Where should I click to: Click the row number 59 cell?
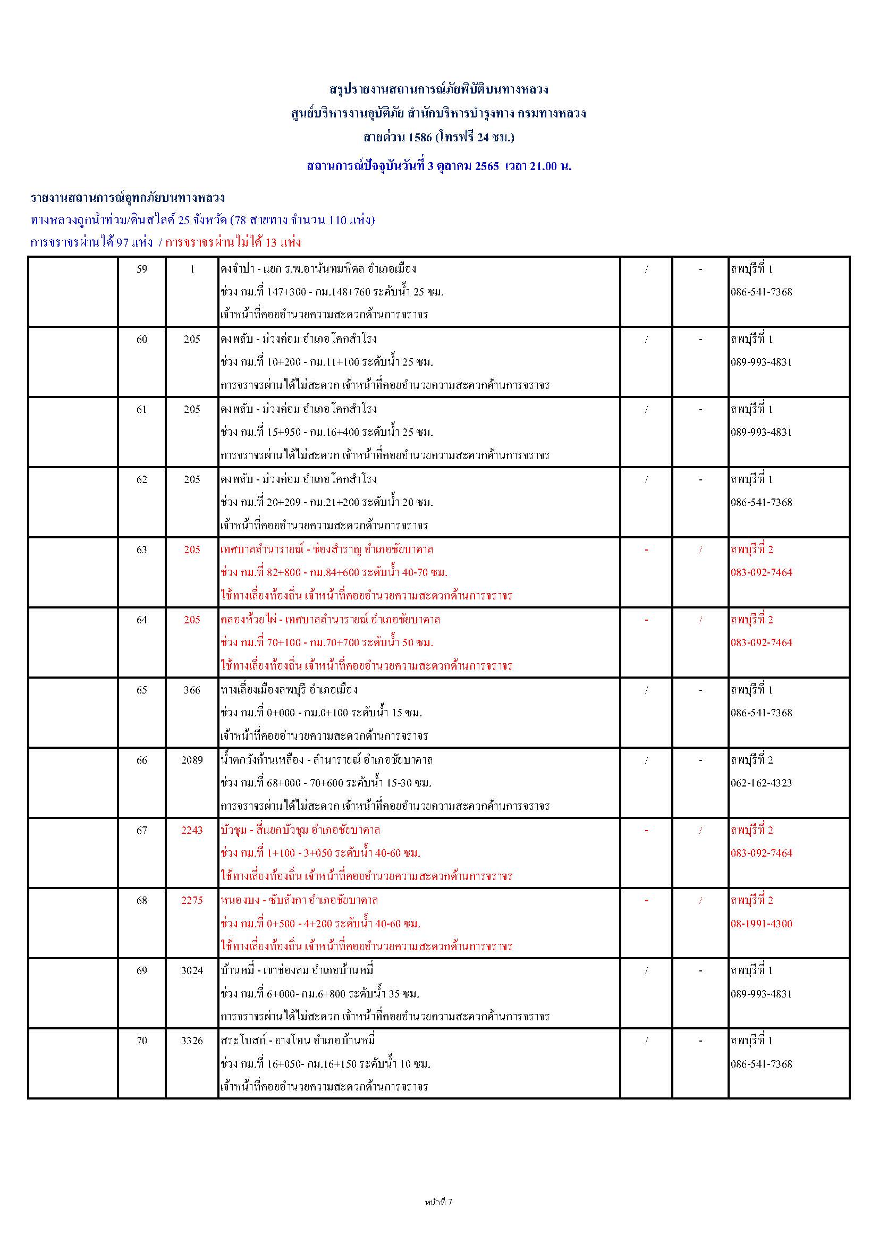tap(142, 269)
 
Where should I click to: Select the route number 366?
tap(192, 690)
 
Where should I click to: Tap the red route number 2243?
tap(192, 830)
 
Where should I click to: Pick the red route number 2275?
tap(192, 900)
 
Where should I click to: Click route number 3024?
tap(192, 970)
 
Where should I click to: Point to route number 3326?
tap(192, 1041)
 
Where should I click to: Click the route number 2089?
tap(192, 760)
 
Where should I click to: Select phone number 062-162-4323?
tap(761, 783)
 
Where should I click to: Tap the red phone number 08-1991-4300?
tap(761, 924)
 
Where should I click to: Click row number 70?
tap(142, 1041)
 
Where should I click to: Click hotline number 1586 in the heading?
tap(420, 137)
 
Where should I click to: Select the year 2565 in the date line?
tap(487, 166)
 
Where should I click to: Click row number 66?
tap(142, 760)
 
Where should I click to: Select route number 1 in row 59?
tap(192, 269)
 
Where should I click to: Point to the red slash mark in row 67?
tap(700, 831)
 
